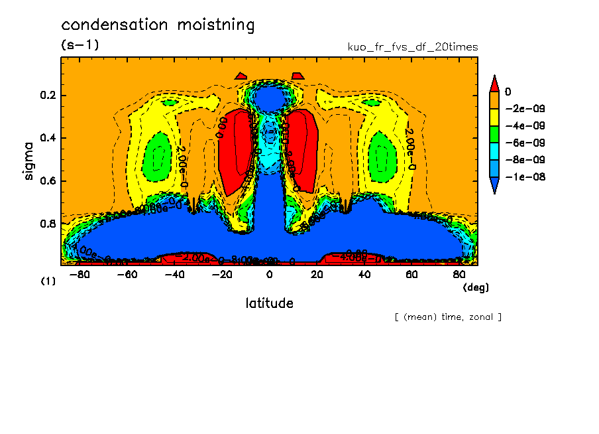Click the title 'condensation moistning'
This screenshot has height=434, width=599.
[x=158, y=25]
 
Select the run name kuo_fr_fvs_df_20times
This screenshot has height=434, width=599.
[x=413, y=47]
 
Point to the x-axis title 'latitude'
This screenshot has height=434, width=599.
[x=269, y=303]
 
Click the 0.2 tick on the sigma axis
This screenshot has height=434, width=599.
[x=48, y=96]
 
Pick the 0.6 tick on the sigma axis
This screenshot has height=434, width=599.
[x=48, y=181]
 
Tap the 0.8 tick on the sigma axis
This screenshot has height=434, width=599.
[x=48, y=224]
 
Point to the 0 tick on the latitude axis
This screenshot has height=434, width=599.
[x=269, y=274]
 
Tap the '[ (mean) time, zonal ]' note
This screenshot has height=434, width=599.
[x=448, y=317]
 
